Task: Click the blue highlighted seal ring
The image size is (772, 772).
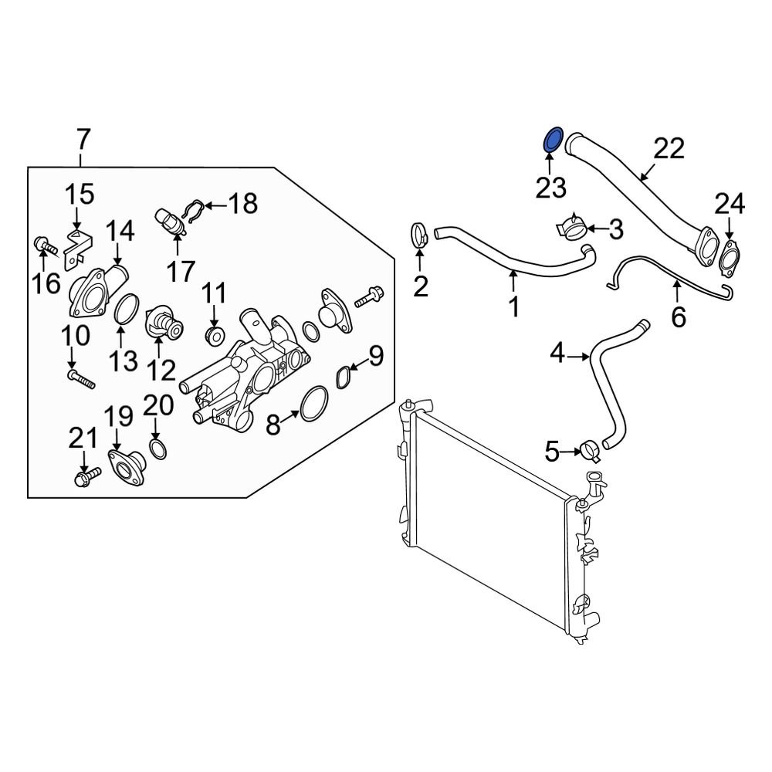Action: pyautogui.click(x=554, y=141)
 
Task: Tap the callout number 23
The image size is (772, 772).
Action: pyautogui.click(x=552, y=188)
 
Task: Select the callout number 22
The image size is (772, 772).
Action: pyautogui.click(x=669, y=148)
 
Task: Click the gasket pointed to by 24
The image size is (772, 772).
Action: pyautogui.click(x=729, y=257)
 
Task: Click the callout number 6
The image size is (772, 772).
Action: pyautogui.click(x=678, y=317)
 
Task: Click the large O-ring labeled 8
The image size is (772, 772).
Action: pyautogui.click(x=313, y=404)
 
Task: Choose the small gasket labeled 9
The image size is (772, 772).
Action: pyautogui.click(x=345, y=377)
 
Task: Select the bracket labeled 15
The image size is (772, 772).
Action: pyautogui.click(x=80, y=241)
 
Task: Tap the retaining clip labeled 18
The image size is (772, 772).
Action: pyautogui.click(x=192, y=210)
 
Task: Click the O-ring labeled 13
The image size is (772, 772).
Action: pyautogui.click(x=127, y=310)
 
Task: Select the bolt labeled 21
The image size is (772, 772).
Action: pyautogui.click(x=86, y=478)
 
